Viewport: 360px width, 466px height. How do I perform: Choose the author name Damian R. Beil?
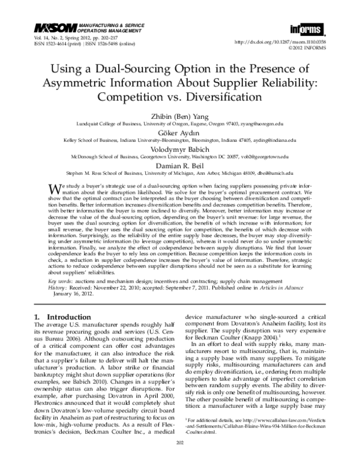pos(180,162)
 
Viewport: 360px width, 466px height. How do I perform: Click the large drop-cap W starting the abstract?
pos(53,189)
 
